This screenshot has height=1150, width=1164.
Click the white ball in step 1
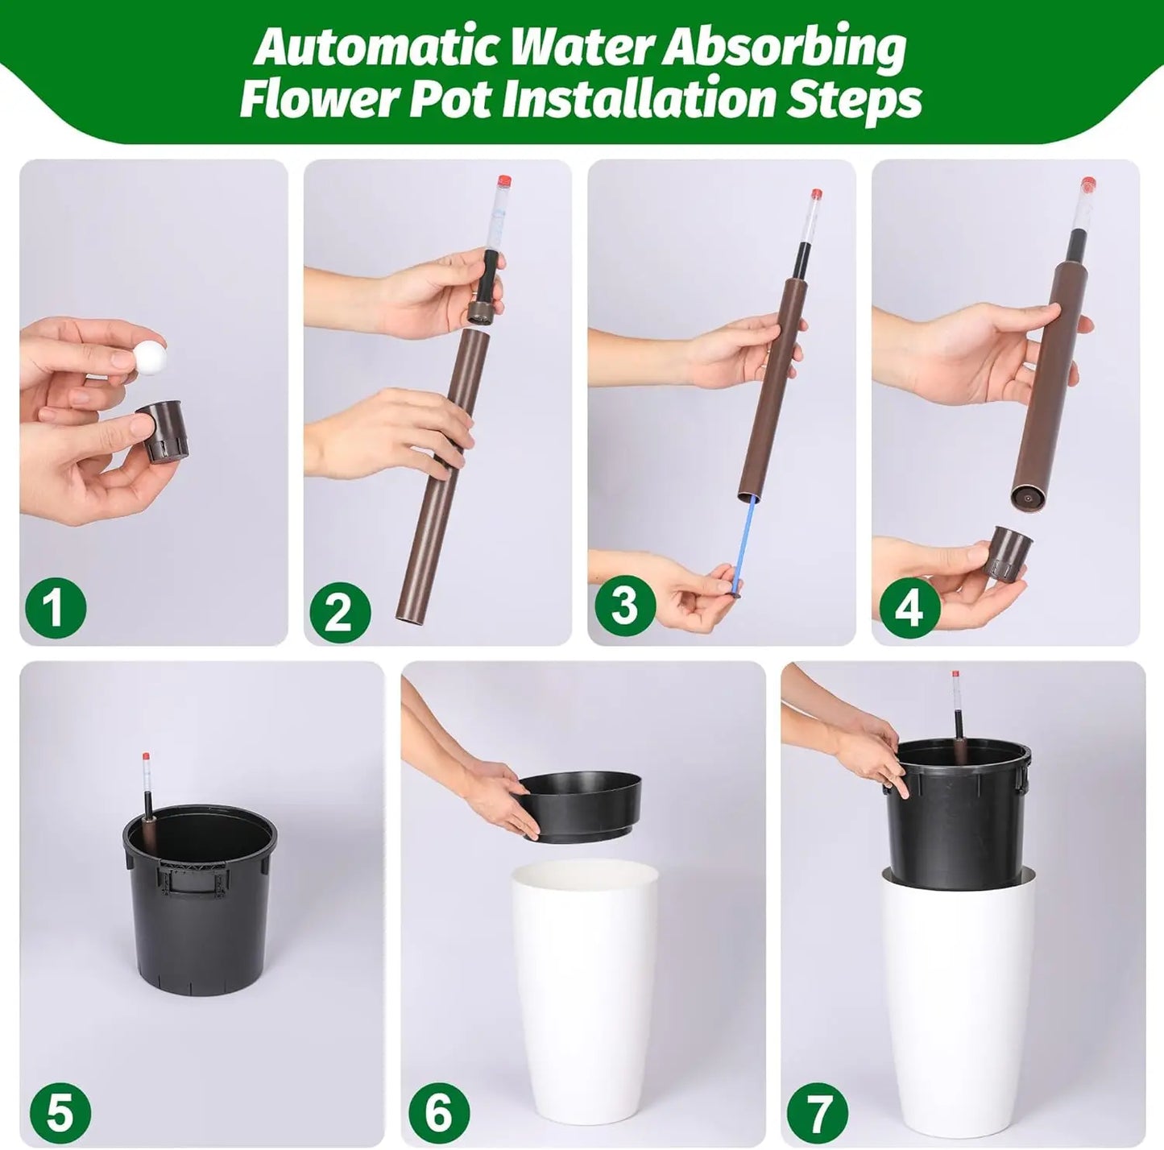click(x=147, y=352)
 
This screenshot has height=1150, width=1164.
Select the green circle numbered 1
click(x=55, y=607)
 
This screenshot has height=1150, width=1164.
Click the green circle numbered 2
click(x=339, y=612)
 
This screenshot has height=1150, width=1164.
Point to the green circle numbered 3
click(x=624, y=605)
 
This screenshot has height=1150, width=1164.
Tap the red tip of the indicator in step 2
click(x=505, y=180)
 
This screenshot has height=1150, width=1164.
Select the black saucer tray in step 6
click(x=580, y=805)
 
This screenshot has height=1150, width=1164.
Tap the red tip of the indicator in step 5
click(x=146, y=758)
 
